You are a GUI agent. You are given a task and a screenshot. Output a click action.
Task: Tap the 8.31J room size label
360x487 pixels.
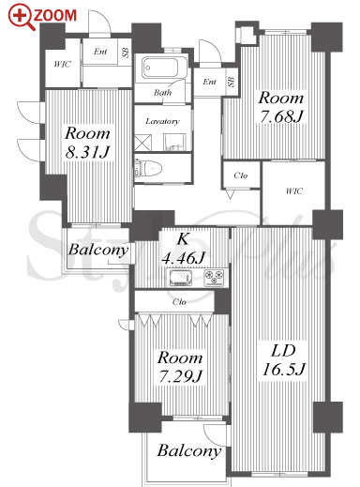click(x=87, y=153)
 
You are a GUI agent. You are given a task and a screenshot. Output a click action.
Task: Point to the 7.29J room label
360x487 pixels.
click(x=180, y=376)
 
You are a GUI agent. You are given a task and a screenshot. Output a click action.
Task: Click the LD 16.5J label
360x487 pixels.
click(x=283, y=360)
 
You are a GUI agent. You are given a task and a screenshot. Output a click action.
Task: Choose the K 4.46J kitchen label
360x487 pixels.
click(x=183, y=249)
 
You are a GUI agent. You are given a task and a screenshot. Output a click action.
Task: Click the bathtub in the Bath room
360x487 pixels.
click(x=160, y=68)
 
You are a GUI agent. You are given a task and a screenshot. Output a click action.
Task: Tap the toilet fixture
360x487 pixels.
click(x=148, y=170)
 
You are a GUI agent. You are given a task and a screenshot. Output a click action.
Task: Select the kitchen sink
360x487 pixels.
click(x=182, y=278)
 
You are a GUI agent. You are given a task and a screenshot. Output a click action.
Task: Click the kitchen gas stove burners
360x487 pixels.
click(x=214, y=277)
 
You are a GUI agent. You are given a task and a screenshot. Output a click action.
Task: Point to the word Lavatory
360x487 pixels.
click(x=162, y=121)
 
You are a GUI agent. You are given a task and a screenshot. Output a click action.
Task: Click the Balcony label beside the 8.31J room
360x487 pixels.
click(x=98, y=250)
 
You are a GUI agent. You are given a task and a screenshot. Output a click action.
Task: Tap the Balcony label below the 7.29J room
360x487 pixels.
click(x=189, y=450)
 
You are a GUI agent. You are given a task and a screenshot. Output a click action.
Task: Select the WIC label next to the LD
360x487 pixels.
click(x=294, y=190)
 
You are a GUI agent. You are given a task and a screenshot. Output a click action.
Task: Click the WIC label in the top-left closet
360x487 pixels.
click(x=63, y=65)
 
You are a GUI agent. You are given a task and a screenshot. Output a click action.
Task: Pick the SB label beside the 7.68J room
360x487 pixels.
click(x=232, y=82)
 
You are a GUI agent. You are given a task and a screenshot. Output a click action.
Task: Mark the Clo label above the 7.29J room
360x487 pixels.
click(x=179, y=302)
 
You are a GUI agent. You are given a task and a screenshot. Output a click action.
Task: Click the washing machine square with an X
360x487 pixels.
click(x=143, y=143)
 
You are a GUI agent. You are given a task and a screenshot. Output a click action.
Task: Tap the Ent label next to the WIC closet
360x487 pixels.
click(x=100, y=52)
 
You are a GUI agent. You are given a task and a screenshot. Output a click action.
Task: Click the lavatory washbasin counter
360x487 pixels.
click(x=174, y=143)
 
